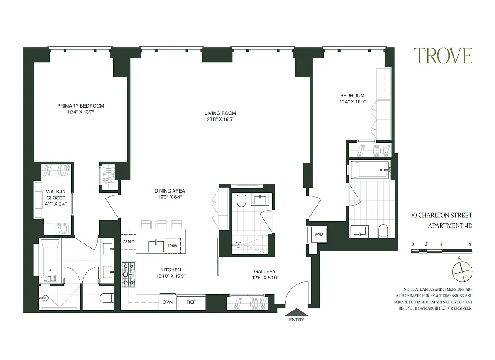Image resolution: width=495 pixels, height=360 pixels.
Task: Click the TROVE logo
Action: click(x=443, y=56)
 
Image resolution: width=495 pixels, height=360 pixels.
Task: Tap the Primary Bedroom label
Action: click(x=81, y=106)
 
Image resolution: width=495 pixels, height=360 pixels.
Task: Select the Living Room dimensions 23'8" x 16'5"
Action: click(x=220, y=120)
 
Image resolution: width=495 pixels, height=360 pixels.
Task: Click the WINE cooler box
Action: click(x=128, y=242)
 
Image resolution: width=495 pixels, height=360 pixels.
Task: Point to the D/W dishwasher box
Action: click(x=173, y=246)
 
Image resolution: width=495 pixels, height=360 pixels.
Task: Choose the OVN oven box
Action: click(x=168, y=302)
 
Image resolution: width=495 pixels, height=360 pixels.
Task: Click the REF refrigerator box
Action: click(x=191, y=302)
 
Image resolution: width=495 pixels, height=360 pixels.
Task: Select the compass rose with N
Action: click(x=462, y=273)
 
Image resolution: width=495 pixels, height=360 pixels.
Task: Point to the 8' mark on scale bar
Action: click(x=470, y=244)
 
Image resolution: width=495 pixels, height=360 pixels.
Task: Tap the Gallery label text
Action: click(x=265, y=271)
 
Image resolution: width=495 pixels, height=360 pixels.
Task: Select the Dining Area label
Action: click(x=170, y=191)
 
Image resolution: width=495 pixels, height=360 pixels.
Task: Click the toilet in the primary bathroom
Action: click(x=106, y=298)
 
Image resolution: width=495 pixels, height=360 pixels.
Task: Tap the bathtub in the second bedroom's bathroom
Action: click(x=370, y=170)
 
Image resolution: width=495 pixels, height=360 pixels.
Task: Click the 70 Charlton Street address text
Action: click(x=441, y=216)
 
